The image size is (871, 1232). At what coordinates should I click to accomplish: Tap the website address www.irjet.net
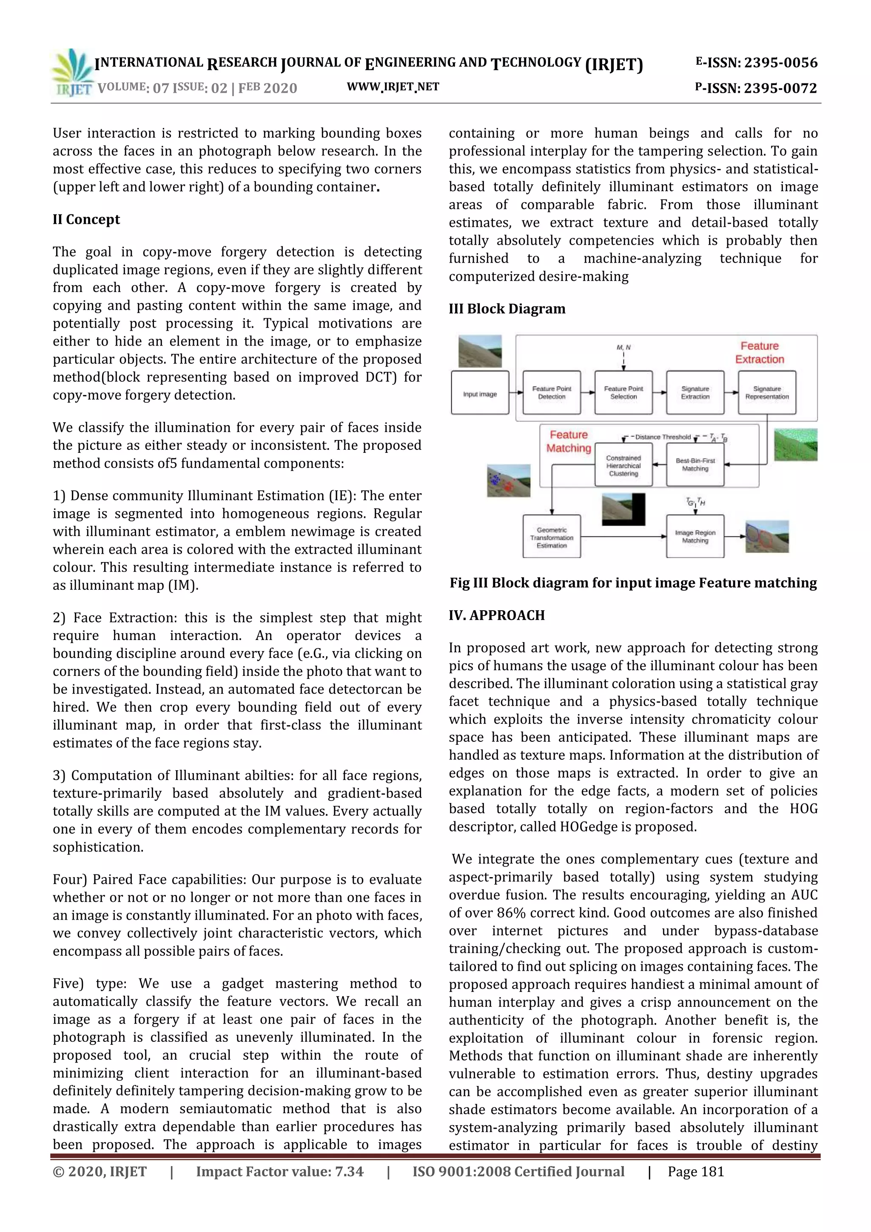point(393,87)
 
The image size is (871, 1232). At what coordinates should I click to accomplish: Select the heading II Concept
point(86,220)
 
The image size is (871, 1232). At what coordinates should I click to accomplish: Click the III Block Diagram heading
point(507,309)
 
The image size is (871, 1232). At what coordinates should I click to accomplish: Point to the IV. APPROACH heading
point(497,615)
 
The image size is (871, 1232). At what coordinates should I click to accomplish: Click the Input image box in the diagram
point(480,393)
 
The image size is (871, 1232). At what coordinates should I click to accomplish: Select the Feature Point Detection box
point(551,393)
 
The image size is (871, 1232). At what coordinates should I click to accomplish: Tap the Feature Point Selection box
point(623,393)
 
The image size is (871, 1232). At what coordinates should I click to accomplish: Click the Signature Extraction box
point(695,393)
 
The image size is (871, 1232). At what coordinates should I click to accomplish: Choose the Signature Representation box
point(767,393)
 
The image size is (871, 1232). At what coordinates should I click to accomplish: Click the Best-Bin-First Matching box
point(695,465)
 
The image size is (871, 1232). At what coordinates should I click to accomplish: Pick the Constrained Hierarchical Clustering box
point(623,465)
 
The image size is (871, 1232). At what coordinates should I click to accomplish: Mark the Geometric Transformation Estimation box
point(551,537)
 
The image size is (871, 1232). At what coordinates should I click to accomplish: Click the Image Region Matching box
point(695,537)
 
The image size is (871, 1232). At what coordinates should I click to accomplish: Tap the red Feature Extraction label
point(760,352)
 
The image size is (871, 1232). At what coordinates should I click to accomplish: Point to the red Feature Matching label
point(569,441)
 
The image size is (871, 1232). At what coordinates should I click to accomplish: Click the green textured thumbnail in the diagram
point(796,444)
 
